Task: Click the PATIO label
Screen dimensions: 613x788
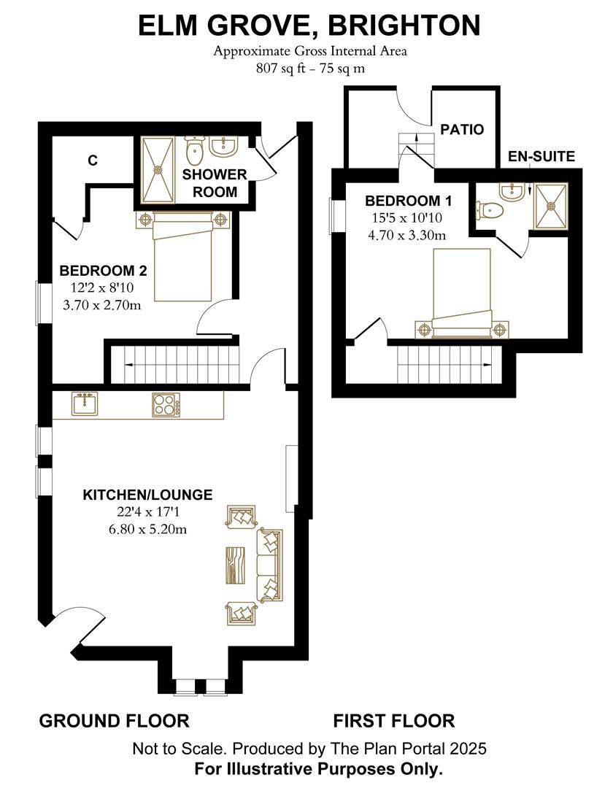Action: tap(462, 129)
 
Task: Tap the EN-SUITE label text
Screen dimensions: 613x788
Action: tap(541, 156)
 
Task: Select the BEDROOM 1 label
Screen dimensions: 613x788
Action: tap(408, 201)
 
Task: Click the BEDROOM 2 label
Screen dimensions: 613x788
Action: tap(103, 271)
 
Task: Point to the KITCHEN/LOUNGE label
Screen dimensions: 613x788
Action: tap(147, 495)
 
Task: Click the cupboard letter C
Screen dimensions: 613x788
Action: tap(93, 161)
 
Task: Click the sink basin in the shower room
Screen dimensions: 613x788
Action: tap(223, 146)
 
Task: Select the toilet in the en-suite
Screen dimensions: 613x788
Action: tap(490, 209)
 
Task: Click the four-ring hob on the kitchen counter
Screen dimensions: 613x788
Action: tap(166, 404)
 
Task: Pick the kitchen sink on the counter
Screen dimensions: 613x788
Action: tap(85, 404)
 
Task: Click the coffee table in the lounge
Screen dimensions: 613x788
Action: tap(235, 565)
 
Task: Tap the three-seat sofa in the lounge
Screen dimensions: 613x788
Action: tap(269, 565)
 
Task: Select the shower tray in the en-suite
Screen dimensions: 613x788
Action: tap(551, 206)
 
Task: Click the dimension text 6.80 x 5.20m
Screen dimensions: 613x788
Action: tap(147, 529)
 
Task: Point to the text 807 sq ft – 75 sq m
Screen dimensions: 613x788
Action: tap(310, 69)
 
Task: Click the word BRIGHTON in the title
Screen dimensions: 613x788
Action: tap(399, 25)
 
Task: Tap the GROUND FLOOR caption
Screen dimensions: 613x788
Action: tap(114, 721)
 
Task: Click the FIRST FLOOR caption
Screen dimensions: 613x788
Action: tap(394, 721)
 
